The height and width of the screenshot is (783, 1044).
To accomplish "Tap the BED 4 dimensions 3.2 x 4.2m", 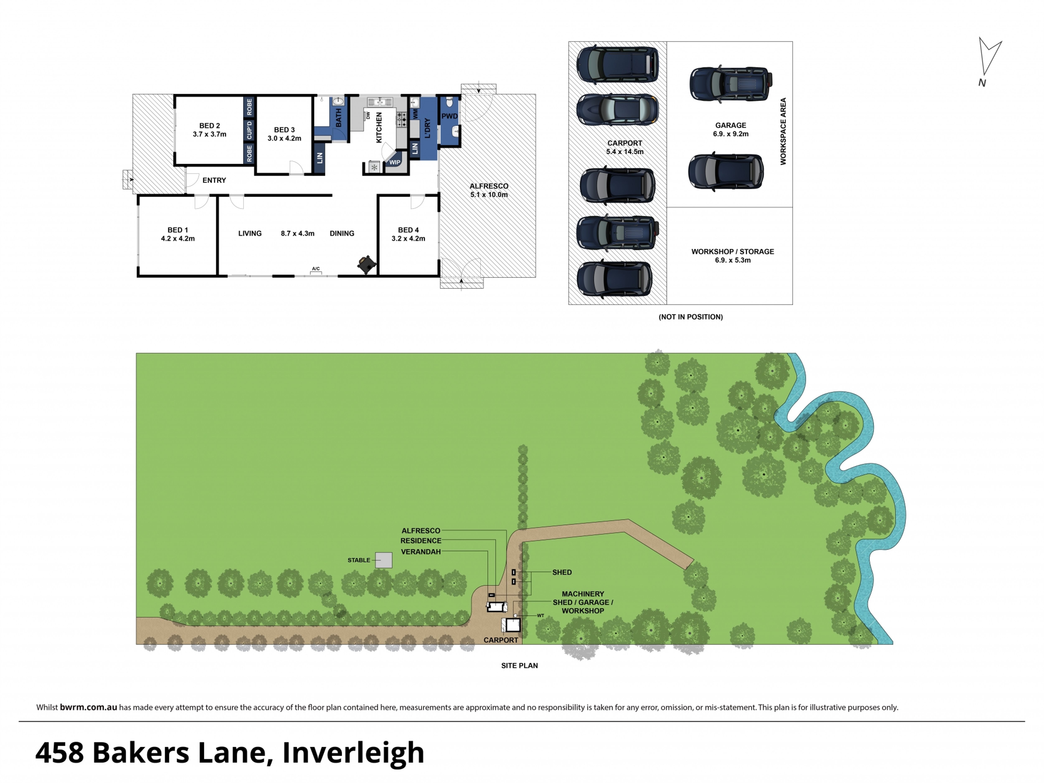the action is [x=408, y=238].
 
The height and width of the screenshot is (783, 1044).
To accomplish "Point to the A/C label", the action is [x=316, y=269].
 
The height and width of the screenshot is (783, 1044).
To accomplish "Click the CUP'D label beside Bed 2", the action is [x=249, y=130].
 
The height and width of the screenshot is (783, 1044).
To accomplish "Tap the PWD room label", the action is [x=449, y=116].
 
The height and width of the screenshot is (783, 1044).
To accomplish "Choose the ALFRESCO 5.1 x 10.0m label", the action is [x=489, y=190].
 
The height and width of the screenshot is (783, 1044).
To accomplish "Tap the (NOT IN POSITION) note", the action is [x=690, y=317].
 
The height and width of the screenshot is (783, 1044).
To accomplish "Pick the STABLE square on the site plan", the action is [x=384, y=560].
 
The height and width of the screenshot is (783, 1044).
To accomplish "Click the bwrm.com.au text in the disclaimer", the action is [x=88, y=707].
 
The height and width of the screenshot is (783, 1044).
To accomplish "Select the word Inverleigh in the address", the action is [x=353, y=752].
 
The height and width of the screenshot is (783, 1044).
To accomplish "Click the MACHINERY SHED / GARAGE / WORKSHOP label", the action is [x=583, y=602].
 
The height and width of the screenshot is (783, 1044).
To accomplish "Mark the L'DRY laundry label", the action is [x=427, y=128].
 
